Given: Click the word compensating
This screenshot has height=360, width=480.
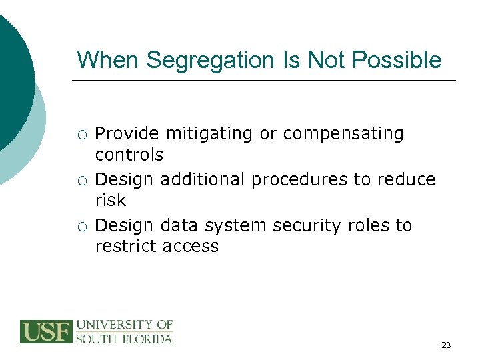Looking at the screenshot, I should (x=343, y=134).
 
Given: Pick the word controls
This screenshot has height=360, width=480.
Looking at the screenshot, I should (x=129, y=155).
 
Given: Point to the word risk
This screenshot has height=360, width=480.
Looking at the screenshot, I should (x=110, y=200).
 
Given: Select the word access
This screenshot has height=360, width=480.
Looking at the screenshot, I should (x=191, y=247).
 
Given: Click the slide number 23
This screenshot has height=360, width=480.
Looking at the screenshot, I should (x=446, y=345).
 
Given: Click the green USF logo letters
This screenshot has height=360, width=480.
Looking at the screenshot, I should (x=46, y=331).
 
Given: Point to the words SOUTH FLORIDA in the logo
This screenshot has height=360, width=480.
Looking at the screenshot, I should (x=124, y=338).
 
